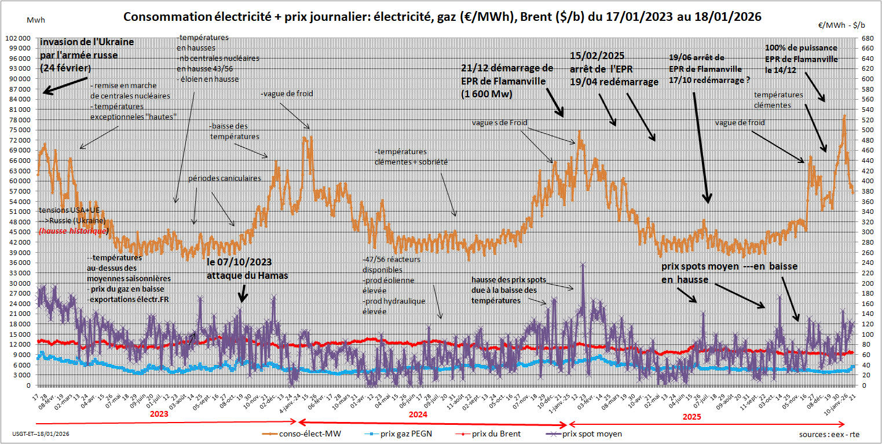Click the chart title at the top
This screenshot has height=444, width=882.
442,17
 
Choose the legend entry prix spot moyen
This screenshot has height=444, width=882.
592,434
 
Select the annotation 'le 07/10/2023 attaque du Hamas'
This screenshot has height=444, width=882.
247,269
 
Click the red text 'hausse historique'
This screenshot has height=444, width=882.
73,231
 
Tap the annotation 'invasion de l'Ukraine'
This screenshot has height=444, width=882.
87,42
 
